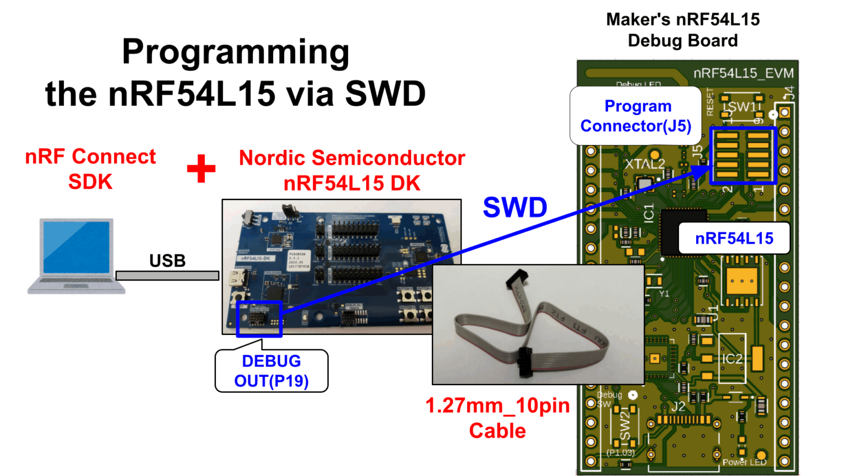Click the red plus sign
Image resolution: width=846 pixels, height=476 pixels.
[x=201, y=168]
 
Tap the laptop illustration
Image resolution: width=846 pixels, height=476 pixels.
[x=77, y=256]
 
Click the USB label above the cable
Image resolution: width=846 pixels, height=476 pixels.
[x=167, y=261]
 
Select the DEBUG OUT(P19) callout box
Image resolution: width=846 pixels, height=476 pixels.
[x=272, y=371]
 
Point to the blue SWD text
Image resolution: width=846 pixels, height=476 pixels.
[x=515, y=208]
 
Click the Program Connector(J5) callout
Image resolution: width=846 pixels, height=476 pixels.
[x=636, y=116]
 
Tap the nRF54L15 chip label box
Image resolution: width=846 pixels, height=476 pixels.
[x=734, y=239]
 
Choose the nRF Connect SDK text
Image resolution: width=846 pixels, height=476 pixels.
[x=90, y=169]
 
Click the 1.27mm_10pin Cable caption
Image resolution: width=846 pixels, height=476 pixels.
[x=497, y=418]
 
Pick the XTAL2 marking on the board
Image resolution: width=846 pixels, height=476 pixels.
[x=644, y=164]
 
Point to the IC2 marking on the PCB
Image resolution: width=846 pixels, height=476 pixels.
[x=732, y=359]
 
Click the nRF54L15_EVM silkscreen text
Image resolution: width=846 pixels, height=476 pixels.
[x=743, y=73]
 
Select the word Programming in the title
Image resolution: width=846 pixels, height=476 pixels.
[x=236, y=52]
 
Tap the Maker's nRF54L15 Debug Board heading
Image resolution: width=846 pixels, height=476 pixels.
[x=682, y=30]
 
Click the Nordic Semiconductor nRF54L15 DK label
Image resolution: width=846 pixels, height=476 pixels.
[x=352, y=170]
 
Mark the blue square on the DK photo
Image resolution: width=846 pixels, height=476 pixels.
[x=259, y=319]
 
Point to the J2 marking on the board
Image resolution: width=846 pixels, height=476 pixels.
[x=678, y=407]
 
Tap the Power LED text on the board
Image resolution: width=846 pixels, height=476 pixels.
[x=744, y=462]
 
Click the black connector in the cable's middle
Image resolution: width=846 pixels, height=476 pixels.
[x=526, y=363]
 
